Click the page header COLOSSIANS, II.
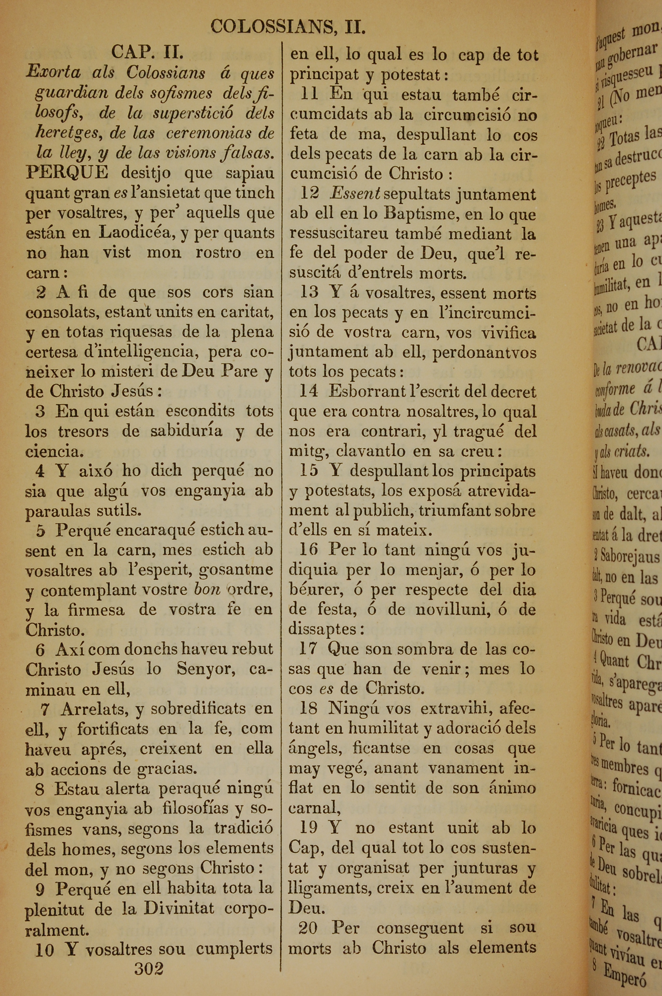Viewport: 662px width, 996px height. pyautogui.click(x=288, y=27)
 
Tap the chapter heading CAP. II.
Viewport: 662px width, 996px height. pyautogui.click(x=147, y=52)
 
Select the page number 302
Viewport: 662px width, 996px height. pyautogui.click(x=149, y=968)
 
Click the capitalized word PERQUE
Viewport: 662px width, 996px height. pyautogui.click(x=67, y=172)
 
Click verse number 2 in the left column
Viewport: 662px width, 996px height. pyautogui.click(x=41, y=292)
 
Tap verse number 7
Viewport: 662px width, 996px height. pyautogui.click(x=45, y=709)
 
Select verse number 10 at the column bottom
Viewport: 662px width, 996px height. pyautogui.click(x=45, y=950)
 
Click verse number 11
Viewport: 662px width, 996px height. pyautogui.click(x=309, y=94)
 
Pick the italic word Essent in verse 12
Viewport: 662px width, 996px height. pyautogui.click(x=355, y=194)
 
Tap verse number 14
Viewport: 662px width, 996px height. pyautogui.click(x=308, y=391)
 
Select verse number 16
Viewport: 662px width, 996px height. pyautogui.click(x=308, y=549)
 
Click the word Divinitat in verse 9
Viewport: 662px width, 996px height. pyautogui.click(x=179, y=909)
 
